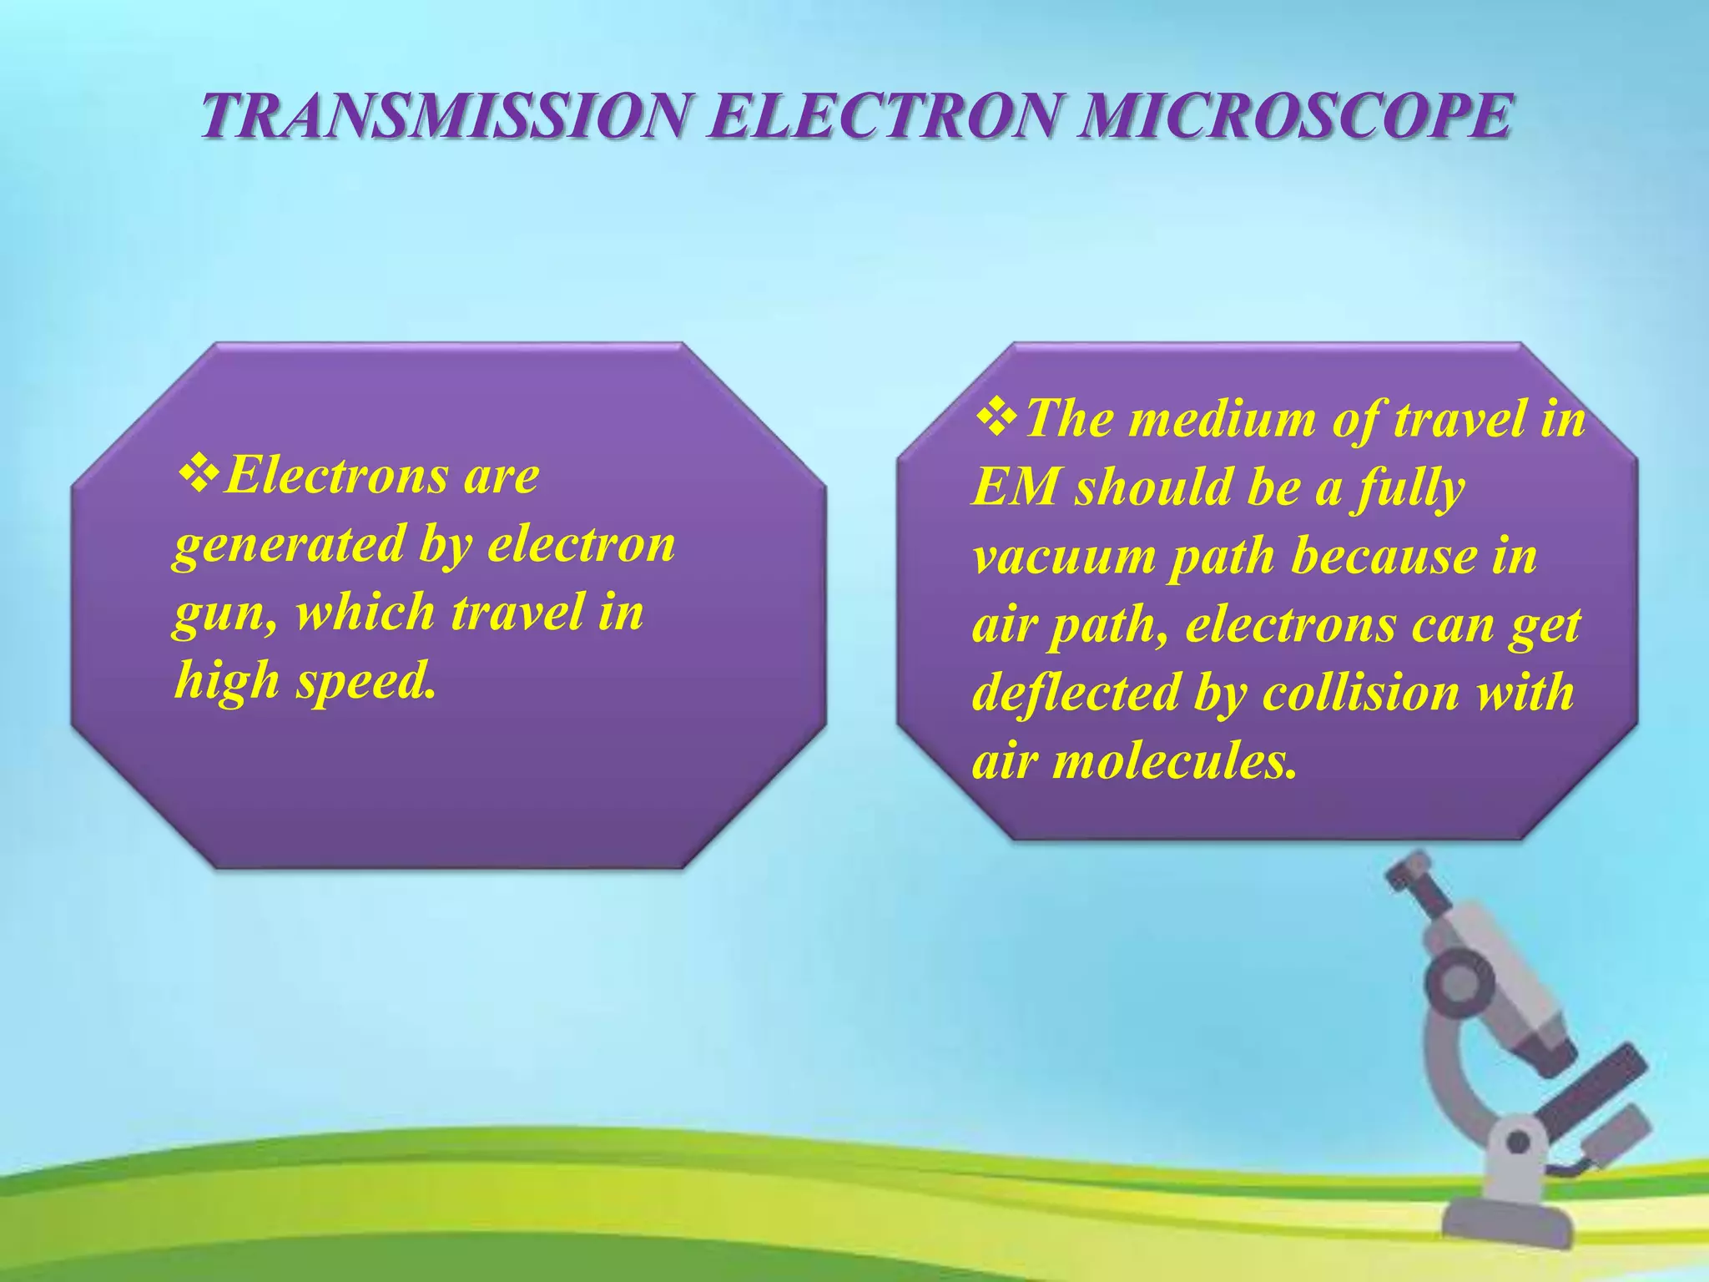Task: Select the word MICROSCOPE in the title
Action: click(x=1293, y=116)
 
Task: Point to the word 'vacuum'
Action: click(x=1064, y=557)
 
